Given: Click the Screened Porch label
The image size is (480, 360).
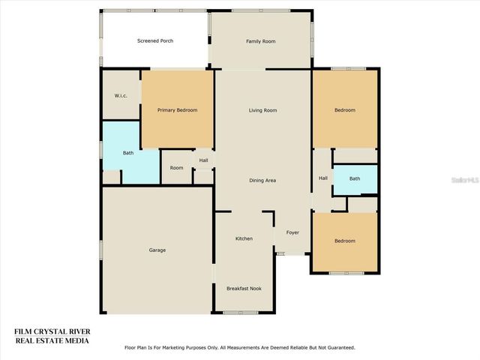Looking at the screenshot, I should [x=155, y=40].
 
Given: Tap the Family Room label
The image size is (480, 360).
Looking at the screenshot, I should [x=261, y=41].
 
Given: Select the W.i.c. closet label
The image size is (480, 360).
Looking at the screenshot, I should [x=120, y=95].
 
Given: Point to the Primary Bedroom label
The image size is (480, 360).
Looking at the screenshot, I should [x=177, y=110].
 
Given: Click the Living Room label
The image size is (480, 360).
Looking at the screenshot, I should [x=262, y=110].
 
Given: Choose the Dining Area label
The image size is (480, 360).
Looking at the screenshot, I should [x=262, y=180].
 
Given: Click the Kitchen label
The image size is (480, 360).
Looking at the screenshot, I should [x=244, y=238].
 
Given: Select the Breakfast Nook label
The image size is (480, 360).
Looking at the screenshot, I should [x=244, y=288].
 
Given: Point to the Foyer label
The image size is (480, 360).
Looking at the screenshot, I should [x=292, y=232].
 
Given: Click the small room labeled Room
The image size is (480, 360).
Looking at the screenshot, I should [x=176, y=168].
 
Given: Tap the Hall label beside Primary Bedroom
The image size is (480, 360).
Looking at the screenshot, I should [x=203, y=160].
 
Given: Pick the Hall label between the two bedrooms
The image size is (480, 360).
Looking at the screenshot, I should [x=323, y=178].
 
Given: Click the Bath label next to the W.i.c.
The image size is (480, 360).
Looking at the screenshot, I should [x=128, y=153].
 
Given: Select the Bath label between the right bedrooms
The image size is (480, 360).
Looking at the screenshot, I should [x=354, y=178].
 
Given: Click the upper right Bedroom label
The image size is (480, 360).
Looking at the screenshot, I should [x=345, y=110].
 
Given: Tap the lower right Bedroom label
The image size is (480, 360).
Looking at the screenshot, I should [x=345, y=241].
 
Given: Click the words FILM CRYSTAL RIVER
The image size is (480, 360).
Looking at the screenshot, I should [x=52, y=331].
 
